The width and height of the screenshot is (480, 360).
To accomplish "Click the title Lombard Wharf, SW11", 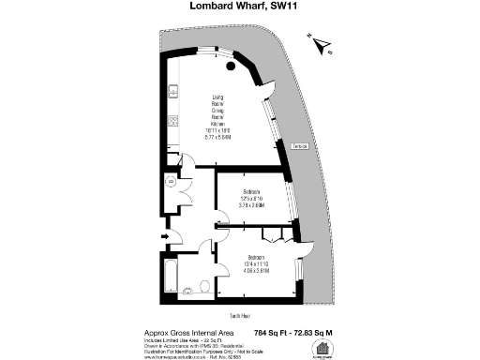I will tap(239, 8).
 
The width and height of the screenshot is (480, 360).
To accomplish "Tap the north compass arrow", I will tap(319, 41).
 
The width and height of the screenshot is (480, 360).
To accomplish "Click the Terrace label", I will tap(303, 147).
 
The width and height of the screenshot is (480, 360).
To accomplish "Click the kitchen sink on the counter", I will tap(172, 92).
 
